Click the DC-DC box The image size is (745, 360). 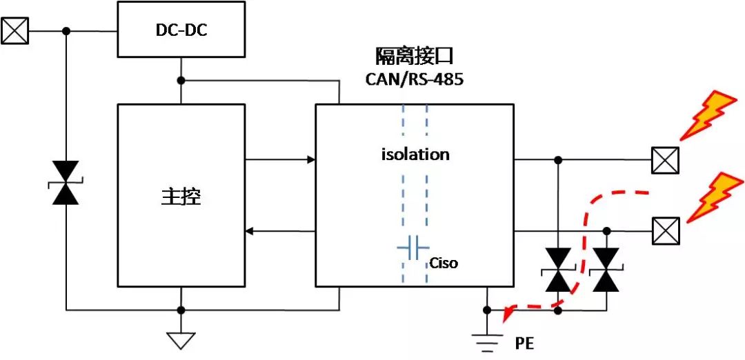(181, 30)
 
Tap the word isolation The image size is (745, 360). (415, 154)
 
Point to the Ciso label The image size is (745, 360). (444, 263)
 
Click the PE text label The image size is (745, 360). (524, 343)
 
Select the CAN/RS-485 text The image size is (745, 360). (415, 79)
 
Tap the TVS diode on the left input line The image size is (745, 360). (66, 183)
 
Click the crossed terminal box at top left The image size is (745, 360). (14, 31)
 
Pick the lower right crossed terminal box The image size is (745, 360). (666, 230)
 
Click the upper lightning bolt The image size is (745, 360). (706, 113)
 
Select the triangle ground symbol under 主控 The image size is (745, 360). (181, 340)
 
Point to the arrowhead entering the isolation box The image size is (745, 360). (311, 160)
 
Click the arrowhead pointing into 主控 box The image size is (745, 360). (251, 230)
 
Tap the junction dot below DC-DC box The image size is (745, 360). (181, 80)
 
